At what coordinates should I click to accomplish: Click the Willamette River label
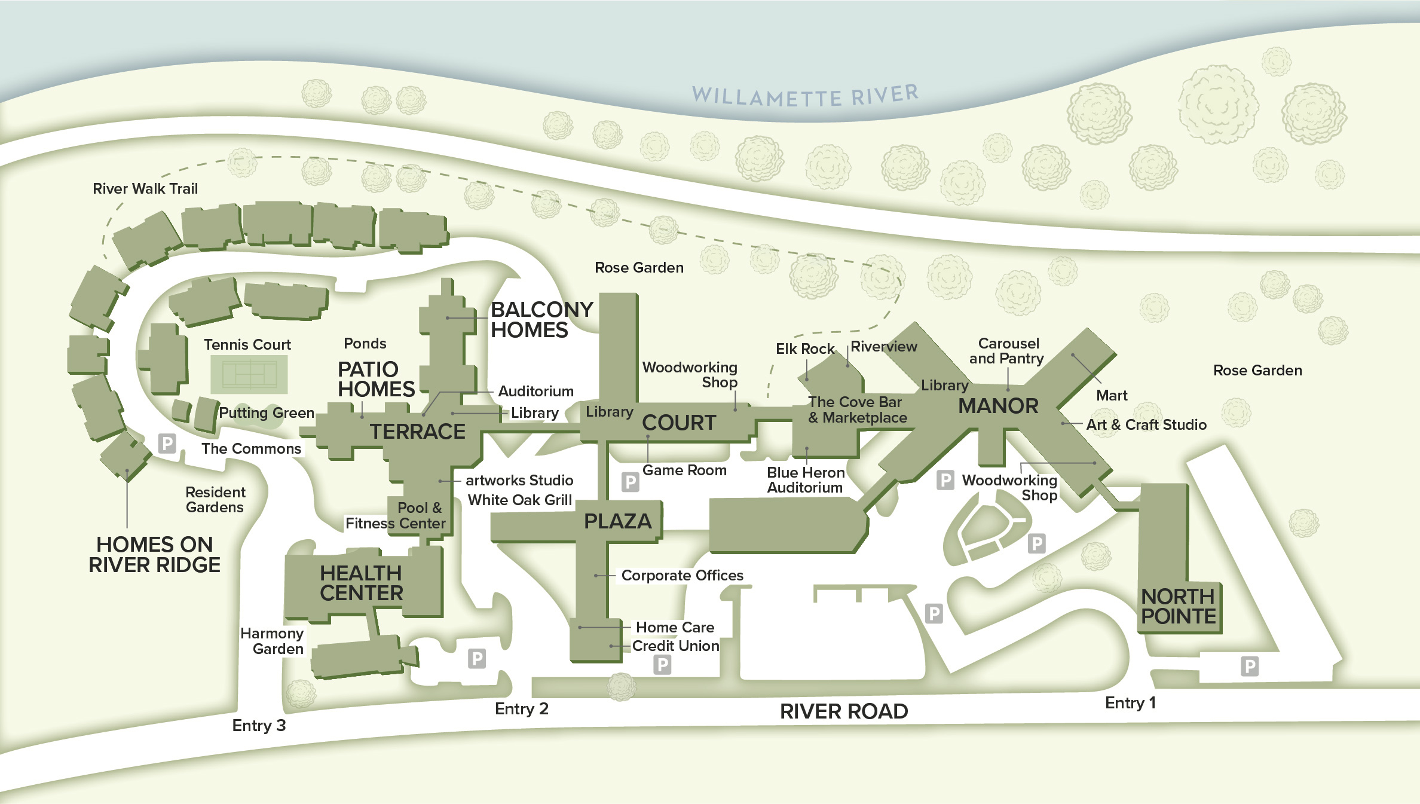coord(805,96)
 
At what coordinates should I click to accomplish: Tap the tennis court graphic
coord(249,375)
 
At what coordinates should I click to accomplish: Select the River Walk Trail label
coord(145,189)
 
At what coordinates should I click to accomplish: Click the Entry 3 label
coord(259,726)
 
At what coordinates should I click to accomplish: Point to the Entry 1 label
coord(1130,703)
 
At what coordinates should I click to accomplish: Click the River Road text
coord(844,711)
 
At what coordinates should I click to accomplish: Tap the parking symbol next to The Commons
coord(167,444)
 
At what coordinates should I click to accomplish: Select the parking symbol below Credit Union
coord(662,665)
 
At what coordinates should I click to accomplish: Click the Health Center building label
coord(361,583)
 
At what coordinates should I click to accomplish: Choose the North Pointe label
coord(1178,606)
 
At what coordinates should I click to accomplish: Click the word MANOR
coord(998,406)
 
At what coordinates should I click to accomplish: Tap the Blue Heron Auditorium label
coord(805,480)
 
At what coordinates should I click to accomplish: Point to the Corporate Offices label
coord(682,576)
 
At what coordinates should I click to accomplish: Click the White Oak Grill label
coord(519,500)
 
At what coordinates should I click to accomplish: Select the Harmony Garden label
coord(273,641)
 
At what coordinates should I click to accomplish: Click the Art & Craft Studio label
coord(1146,425)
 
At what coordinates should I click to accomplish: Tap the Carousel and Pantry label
coord(1007,351)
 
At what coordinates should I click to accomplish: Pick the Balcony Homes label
coord(541,320)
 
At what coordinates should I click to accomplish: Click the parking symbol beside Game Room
coord(630,482)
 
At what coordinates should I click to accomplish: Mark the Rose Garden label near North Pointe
coord(1257,371)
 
